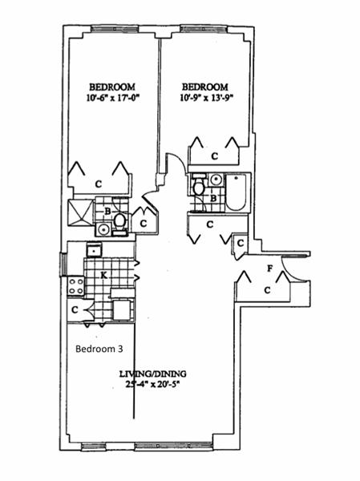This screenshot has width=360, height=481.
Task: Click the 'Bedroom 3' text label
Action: click(x=99, y=349)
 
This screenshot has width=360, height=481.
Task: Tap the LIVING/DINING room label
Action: click(x=152, y=374)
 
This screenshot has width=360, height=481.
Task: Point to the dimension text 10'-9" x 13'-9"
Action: click(x=207, y=98)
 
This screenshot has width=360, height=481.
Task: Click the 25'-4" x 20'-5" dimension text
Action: click(x=152, y=384)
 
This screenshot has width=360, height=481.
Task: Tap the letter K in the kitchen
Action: click(x=104, y=276)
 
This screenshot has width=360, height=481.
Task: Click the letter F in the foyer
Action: click(x=269, y=269)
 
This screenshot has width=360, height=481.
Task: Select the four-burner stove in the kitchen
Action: click(x=76, y=286)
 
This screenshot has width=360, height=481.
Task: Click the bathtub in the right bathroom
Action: click(x=236, y=192)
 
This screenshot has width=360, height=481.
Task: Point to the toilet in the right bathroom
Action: click(x=199, y=185)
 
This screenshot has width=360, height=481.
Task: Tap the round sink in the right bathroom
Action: click(x=216, y=179)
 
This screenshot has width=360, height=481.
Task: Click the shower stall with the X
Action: click(x=81, y=212)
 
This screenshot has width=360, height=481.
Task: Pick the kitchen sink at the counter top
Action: click(x=94, y=250)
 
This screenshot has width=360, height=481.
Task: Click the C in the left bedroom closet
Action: click(x=98, y=184)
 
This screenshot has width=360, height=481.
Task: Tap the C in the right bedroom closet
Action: click(x=215, y=156)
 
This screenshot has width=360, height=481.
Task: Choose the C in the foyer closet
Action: click(x=268, y=290)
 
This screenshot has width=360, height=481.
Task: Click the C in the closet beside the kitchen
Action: click(x=75, y=309)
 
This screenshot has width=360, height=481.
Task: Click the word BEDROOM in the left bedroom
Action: click(x=112, y=87)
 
